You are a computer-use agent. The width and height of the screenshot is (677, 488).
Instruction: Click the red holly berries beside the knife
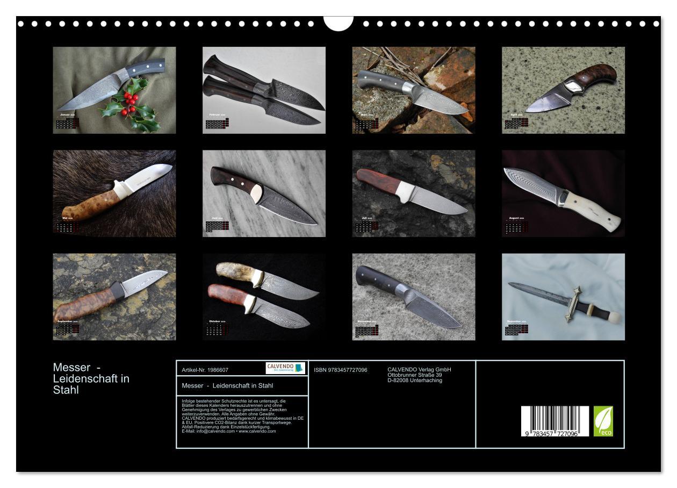click(x=128, y=103)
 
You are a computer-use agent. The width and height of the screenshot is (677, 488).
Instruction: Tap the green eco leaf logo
click(x=603, y=421)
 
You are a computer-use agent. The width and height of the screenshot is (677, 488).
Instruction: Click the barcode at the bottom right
click(x=554, y=420)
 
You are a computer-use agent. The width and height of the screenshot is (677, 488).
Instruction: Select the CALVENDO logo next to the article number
click(x=285, y=368)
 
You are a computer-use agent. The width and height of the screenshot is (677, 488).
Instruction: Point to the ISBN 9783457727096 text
click(x=340, y=370)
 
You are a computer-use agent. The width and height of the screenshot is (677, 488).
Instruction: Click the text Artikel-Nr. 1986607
click(x=205, y=370)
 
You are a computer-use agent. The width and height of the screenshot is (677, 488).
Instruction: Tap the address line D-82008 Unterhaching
click(x=414, y=381)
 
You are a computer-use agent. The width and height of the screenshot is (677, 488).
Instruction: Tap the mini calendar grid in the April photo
click(x=516, y=123)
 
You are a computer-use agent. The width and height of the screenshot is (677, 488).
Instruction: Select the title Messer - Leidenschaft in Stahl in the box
click(x=227, y=386)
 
